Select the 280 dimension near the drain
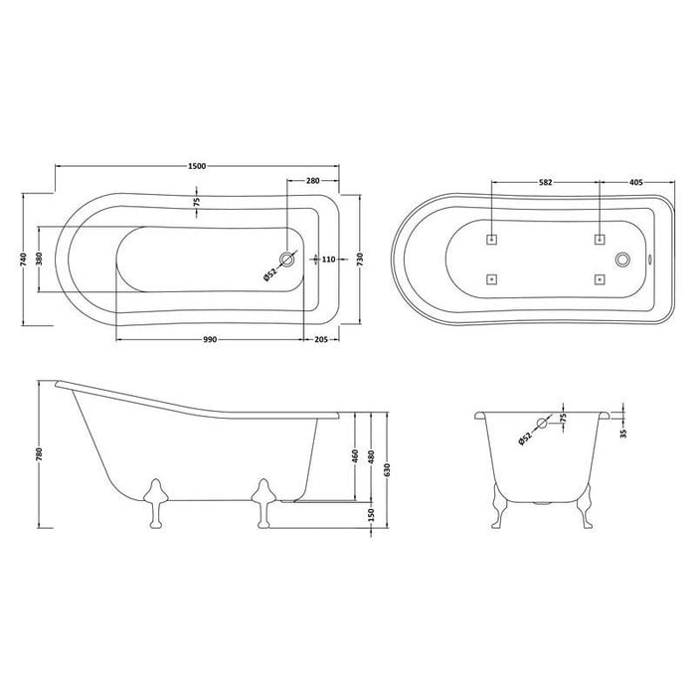pos(312,180)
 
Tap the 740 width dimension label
pos(22,261)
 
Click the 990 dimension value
pos(210,340)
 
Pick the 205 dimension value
pos(320,340)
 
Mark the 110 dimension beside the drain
pos(329,260)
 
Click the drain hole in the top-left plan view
pos(287,260)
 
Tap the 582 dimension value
pos(545,183)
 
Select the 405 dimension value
pos(637,183)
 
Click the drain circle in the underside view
pos(623,260)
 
